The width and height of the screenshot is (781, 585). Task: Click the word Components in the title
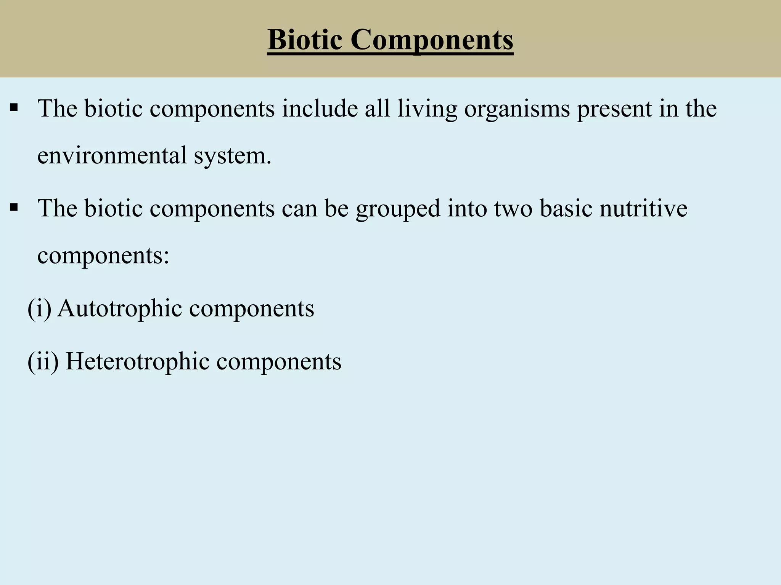point(432,40)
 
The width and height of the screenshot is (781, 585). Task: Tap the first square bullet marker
point(14,108)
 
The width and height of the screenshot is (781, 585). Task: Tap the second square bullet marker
point(14,208)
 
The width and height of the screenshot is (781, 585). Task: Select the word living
point(427,109)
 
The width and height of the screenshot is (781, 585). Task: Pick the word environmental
point(112,155)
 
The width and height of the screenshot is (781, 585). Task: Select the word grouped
point(398,209)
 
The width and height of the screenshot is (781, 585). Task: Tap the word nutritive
point(643,208)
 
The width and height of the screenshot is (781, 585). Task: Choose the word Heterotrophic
point(137,361)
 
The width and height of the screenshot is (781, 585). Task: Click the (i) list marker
point(39,308)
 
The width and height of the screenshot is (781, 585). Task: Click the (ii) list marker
point(43,361)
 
